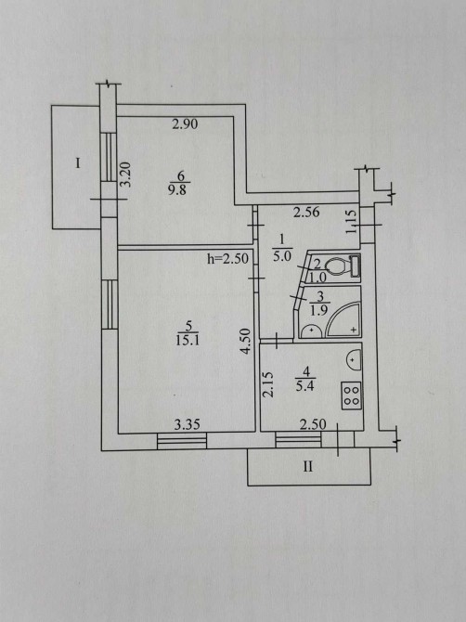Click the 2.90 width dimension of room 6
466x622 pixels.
tap(185, 124)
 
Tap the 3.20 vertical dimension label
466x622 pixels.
tap(125, 175)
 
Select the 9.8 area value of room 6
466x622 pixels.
tap(177, 189)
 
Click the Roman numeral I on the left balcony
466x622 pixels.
tap(78, 163)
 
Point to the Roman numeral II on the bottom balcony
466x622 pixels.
tap(308, 466)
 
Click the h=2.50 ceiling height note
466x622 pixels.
tap(228, 259)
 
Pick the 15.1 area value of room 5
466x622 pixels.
tap(188, 341)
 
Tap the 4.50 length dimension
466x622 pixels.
tap(246, 341)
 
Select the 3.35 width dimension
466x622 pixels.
tap(188, 425)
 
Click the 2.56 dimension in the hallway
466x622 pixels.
tap(306, 213)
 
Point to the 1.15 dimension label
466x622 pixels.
tap(352, 222)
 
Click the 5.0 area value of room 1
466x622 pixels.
tap(282, 256)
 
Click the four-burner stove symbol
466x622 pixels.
tap(352, 395)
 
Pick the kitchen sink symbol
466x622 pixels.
tap(355, 360)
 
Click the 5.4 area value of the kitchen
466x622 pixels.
tap(305, 386)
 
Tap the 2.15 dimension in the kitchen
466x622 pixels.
tap(268, 384)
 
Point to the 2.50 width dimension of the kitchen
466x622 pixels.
tap(313, 425)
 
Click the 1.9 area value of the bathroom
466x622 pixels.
tap(318, 310)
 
